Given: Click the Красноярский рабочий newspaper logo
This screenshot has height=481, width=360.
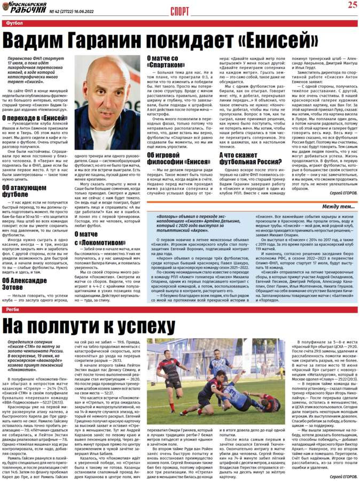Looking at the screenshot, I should pyautogui.click(x=24, y=8).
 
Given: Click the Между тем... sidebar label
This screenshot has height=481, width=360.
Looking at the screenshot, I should pyautogui.click(x=338, y=206).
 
